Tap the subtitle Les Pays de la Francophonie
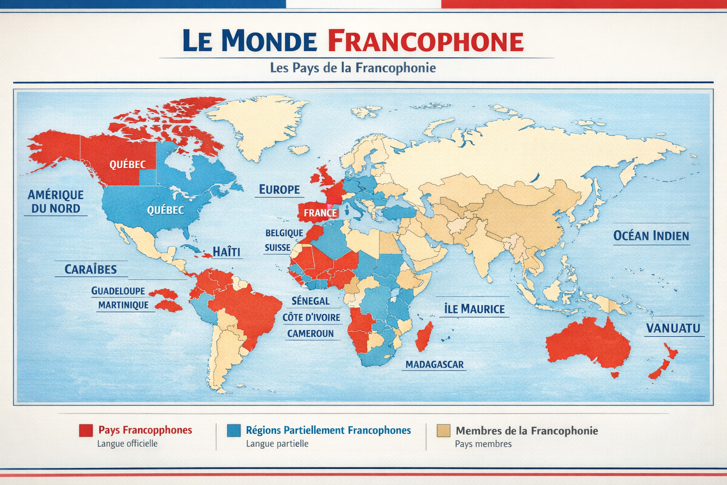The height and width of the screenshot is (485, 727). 353,68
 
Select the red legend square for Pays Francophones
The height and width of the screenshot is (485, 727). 86,430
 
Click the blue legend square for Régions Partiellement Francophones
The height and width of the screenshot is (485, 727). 233,430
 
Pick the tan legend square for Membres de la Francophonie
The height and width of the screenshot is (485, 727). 443,430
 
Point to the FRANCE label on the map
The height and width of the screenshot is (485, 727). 320,213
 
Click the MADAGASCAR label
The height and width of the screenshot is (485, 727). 434,364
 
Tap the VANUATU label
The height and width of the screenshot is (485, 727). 673,328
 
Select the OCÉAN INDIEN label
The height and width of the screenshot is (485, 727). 651,236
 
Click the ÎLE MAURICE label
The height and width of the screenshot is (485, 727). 474,309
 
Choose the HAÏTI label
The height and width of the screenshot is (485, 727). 226,251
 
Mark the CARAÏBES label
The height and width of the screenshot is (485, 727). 90,269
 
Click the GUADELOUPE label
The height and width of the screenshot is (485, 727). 118,291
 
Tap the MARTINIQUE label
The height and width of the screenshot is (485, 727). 123,305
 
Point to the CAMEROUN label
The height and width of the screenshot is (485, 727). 310,333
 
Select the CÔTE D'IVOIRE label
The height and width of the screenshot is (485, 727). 311,317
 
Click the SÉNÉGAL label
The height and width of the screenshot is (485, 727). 310,301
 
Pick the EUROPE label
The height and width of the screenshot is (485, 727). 279,189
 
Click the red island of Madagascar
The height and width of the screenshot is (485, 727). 424,337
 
